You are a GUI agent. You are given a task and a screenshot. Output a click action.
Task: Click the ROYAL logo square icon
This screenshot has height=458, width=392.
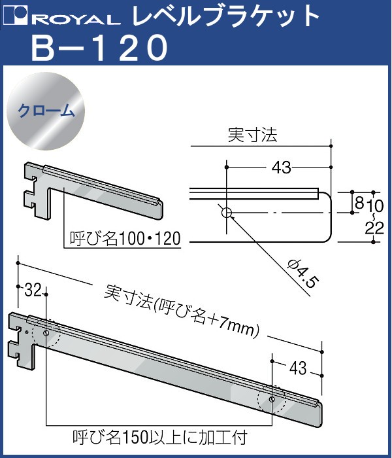click(x=15, y=16)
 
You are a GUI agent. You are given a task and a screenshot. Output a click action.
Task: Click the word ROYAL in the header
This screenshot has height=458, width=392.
click(x=75, y=19)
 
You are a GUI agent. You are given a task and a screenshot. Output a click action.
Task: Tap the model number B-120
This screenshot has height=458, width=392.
click(x=99, y=47)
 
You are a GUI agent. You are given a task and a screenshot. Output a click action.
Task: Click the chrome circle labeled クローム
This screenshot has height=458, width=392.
click(x=46, y=111)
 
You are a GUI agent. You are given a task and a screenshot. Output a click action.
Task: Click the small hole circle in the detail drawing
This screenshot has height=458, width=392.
click(x=226, y=213)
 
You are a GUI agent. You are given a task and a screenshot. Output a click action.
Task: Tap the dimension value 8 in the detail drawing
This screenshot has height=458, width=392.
click(x=359, y=202)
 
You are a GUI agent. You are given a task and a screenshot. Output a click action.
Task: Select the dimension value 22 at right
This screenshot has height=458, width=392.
click(x=374, y=228)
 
